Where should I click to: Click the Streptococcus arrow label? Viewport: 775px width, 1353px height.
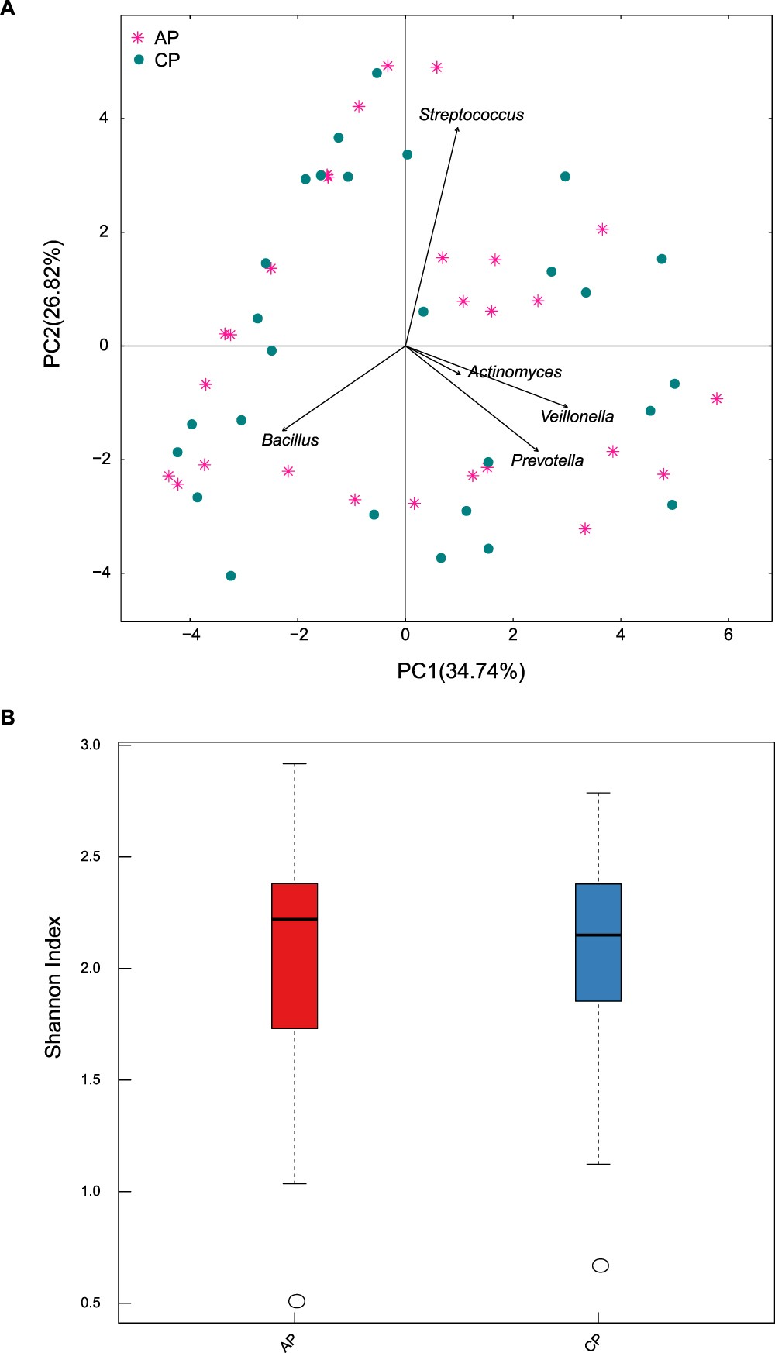coord(471,115)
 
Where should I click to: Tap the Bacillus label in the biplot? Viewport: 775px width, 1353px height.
coord(290,440)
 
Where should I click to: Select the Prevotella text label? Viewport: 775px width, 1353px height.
coord(547,461)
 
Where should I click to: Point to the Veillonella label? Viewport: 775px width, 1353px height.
coord(577,417)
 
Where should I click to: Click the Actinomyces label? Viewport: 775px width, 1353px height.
coord(515,372)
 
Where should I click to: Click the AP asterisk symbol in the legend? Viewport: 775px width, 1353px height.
coord(138,37)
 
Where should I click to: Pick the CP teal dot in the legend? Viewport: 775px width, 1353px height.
coord(139,60)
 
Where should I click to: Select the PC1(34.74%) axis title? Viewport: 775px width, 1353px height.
coord(461,670)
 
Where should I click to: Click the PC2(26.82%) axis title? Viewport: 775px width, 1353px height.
coord(52,304)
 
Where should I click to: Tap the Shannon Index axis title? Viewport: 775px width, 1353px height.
coord(53,986)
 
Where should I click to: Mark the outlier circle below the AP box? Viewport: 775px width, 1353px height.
coord(297,1300)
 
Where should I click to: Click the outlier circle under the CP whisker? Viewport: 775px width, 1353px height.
coord(601,1265)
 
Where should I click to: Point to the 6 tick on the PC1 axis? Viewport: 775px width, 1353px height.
coord(728,635)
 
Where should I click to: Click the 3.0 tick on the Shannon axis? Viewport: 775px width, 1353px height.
coord(91,745)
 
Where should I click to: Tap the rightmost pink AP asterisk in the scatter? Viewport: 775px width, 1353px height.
coord(717,398)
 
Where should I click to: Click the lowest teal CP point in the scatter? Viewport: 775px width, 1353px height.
coord(230,576)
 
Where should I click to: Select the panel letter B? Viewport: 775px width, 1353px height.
coord(8,718)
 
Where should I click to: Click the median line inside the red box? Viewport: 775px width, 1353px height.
coord(294,919)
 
